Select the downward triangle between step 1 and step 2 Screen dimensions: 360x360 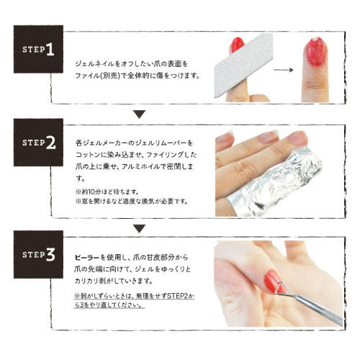click(140, 113)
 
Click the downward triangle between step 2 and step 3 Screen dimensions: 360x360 click(140, 228)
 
